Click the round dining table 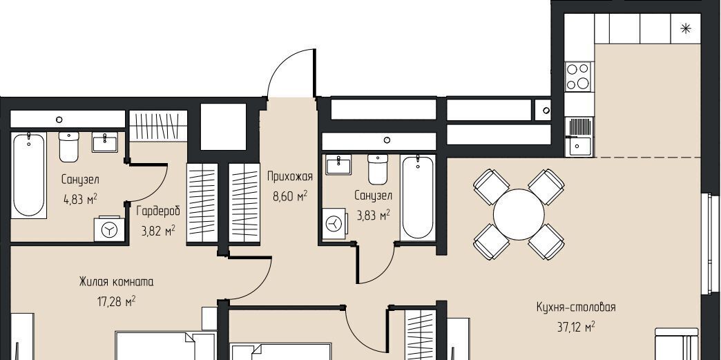coord(519,214)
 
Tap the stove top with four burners coord(579,77)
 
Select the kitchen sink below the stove coord(579,137)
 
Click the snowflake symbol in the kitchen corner coord(686,29)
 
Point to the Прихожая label coord(289,176)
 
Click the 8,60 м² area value coord(289,196)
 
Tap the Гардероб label coord(158,211)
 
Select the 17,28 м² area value coord(116,301)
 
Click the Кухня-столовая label coord(576,307)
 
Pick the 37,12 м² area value coord(576,327)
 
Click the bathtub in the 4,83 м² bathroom coord(28,175)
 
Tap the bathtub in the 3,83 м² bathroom coord(418,198)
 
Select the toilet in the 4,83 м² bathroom coord(69,147)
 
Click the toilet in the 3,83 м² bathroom coord(378,169)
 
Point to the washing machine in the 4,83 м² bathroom coord(109,229)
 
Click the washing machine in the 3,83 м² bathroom coord(334,224)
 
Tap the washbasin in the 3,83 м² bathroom coord(338,164)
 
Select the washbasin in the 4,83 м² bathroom coord(105,142)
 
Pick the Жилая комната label coord(116,281)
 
